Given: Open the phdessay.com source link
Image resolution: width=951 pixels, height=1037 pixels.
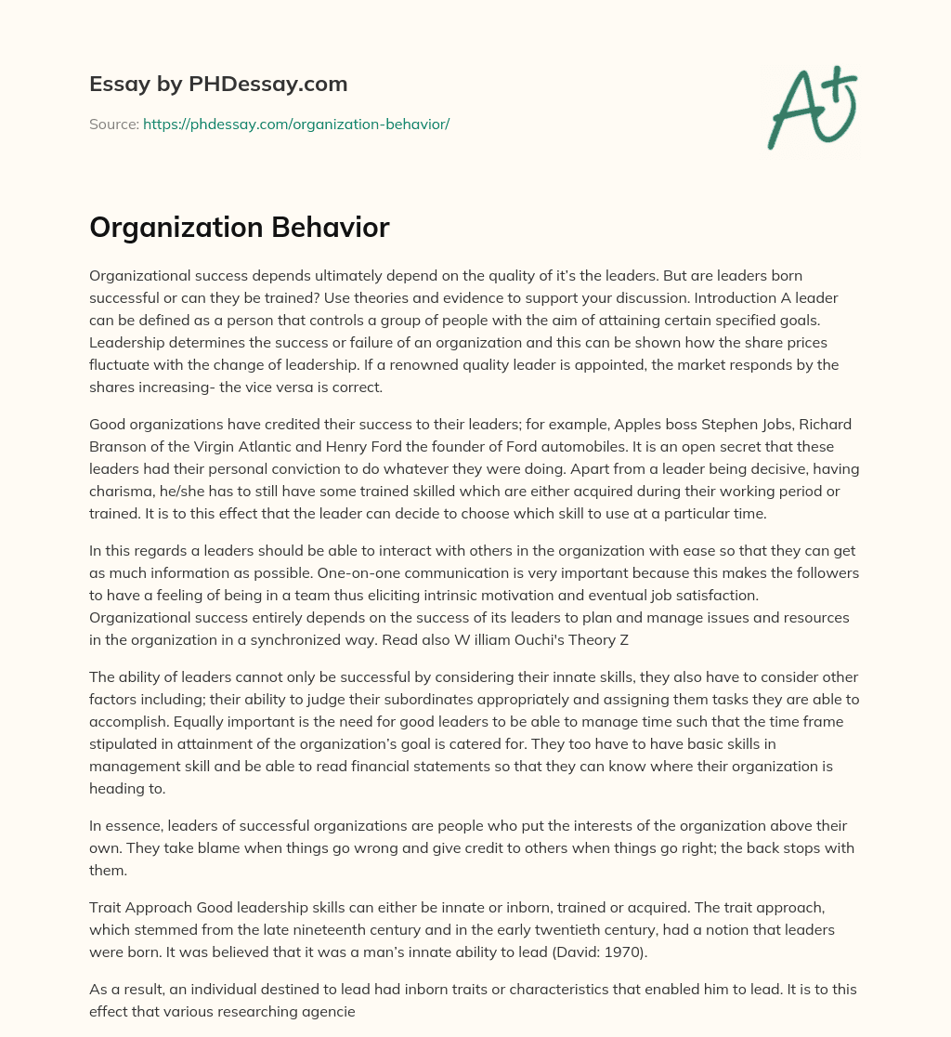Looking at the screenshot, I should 296,124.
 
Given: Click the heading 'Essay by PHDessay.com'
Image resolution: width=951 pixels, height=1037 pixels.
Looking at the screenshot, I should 218,84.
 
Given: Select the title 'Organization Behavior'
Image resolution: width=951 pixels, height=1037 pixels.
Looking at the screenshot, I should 239,229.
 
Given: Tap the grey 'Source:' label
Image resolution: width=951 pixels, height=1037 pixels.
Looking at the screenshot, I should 113,124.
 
